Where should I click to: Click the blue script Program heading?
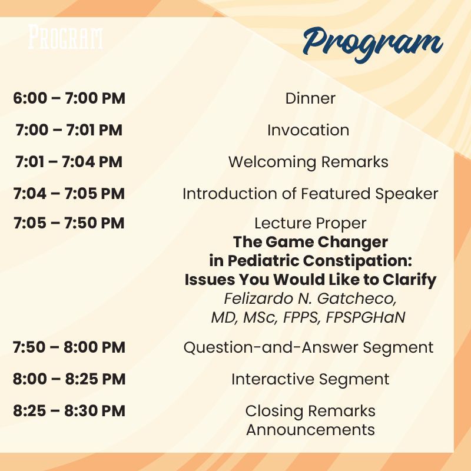[373, 44]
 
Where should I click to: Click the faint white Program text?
[65, 37]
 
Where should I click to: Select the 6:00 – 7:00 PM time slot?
[69, 98]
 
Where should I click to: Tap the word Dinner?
[310, 98]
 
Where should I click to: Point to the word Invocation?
[308, 130]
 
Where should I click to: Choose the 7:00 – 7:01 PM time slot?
[69, 130]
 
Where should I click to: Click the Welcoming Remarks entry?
[308, 162]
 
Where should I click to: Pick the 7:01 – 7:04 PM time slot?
[69, 162]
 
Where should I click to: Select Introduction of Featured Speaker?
[310, 194]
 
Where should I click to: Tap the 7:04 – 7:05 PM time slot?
[69, 194]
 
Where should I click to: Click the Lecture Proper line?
[310, 223]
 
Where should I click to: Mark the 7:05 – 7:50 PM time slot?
[69, 223]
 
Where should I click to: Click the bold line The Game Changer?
[310, 242]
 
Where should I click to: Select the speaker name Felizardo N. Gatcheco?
[310, 298]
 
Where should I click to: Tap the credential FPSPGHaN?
[366, 317]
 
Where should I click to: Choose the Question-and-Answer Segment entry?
[309, 347]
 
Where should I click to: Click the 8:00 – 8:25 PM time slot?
[69, 379]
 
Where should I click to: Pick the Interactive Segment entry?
[310, 379]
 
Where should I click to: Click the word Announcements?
[310, 430]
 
